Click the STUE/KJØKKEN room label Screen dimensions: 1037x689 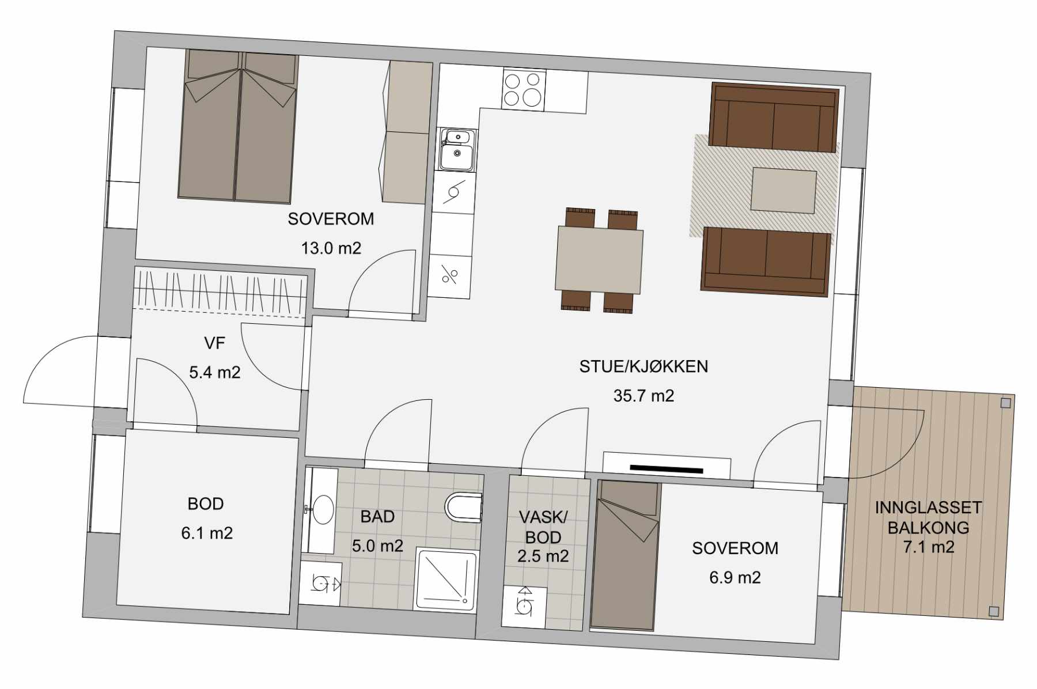(x=644, y=366)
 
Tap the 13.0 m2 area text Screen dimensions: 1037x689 (x=331, y=248)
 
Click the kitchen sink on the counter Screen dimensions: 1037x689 (x=457, y=150)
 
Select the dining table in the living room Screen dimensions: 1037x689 (x=599, y=260)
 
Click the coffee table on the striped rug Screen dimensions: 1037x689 (x=784, y=191)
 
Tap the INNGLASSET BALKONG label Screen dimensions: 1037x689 (x=928, y=517)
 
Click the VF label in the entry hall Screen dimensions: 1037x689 (x=214, y=343)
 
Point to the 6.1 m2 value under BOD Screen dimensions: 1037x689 (x=207, y=533)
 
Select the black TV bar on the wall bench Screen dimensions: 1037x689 (x=667, y=468)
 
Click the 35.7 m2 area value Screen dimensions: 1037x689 (x=644, y=396)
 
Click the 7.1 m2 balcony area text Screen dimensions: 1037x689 (x=928, y=547)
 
